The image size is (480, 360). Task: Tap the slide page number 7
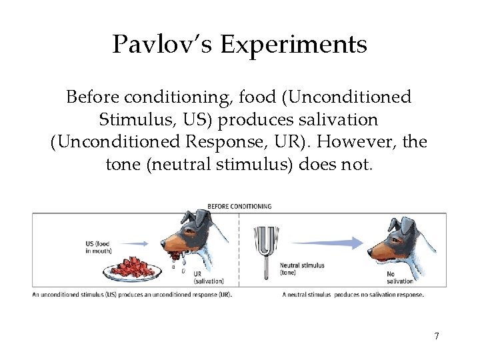point(437,336)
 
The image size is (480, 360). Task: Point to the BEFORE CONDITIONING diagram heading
point(239,206)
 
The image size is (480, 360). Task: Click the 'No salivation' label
point(400,277)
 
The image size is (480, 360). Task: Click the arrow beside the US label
point(135,243)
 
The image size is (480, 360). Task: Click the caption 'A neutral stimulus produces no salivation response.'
point(353,295)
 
